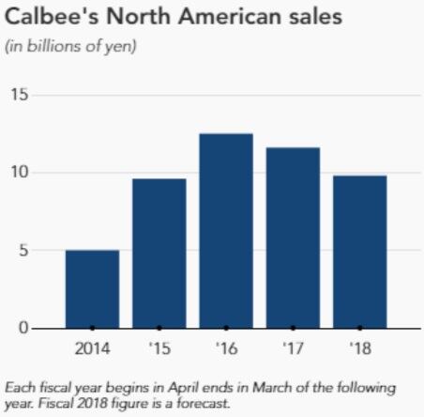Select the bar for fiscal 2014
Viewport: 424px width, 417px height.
pyautogui.click(x=92, y=289)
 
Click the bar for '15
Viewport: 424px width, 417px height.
pyautogui.click(x=159, y=254)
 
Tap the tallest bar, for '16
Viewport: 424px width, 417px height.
pyautogui.click(x=226, y=231)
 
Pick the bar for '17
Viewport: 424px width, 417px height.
pyautogui.click(x=293, y=238)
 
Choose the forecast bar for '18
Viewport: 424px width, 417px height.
pyautogui.click(x=360, y=252)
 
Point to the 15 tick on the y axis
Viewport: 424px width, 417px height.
pyautogui.click(x=20, y=95)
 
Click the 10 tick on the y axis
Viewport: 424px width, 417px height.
pyautogui.click(x=20, y=173)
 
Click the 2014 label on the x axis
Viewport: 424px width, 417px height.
pyautogui.click(x=92, y=349)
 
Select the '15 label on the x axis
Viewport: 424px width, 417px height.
pyautogui.click(x=159, y=349)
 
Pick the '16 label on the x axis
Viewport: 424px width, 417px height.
pyautogui.click(x=226, y=349)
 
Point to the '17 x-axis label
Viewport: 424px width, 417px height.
pyautogui.click(x=293, y=349)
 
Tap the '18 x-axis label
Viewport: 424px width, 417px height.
pyautogui.click(x=360, y=349)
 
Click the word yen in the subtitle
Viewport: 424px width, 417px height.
pyautogui.click(x=122, y=46)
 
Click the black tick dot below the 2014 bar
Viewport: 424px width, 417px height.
pyautogui.click(x=92, y=328)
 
